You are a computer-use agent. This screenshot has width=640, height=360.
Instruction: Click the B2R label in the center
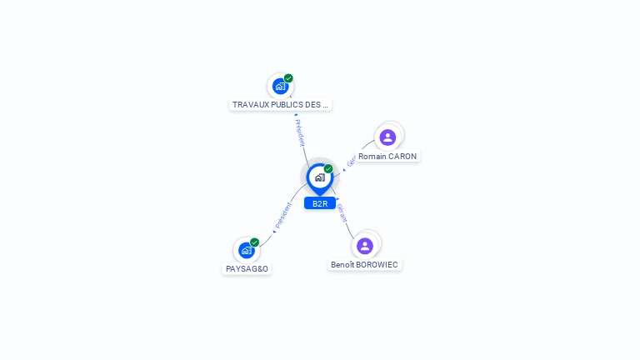320,203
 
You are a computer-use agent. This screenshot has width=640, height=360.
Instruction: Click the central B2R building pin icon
319,177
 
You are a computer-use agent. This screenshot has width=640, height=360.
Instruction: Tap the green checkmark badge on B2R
328,168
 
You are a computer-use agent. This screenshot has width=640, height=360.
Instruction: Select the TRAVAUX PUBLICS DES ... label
280,105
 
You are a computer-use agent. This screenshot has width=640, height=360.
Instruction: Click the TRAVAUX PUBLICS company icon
280,86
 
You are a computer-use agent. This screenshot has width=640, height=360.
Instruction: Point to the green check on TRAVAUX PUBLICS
288,78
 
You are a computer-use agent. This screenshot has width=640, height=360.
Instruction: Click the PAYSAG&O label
247,269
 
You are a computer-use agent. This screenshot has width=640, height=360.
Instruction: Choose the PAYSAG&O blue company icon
246,250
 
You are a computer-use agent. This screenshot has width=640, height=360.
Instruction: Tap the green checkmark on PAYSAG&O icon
254,242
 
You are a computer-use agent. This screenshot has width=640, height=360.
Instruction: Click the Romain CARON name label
387,156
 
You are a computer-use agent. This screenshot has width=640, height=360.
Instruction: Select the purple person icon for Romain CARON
387,137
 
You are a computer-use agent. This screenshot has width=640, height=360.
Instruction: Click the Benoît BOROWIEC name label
365,265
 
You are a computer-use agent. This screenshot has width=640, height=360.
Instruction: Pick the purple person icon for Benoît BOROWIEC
364,246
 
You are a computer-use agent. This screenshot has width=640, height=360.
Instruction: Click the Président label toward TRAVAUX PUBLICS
300,132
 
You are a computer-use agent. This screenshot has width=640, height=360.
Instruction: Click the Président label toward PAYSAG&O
283,216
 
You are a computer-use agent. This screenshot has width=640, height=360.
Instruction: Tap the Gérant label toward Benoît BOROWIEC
341,212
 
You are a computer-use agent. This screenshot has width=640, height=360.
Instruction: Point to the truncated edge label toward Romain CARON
351,161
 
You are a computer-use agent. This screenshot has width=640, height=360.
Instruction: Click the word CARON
402,156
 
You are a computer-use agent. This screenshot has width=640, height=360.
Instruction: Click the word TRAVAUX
251,105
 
